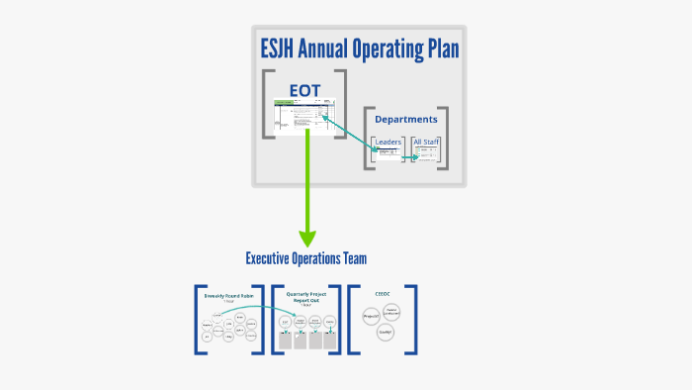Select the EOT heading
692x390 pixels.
[304, 91]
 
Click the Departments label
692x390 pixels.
[405, 120]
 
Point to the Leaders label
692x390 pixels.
[388, 142]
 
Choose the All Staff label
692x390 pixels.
[426, 142]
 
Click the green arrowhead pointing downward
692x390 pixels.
[307, 238]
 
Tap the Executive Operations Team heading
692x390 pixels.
[306, 259]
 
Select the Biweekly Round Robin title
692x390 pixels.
[229, 295]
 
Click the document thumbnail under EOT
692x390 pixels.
[306, 116]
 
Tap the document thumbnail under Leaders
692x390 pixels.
[388, 154]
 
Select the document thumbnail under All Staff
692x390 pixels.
[427, 154]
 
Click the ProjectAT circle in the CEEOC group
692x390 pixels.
[371, 316]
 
